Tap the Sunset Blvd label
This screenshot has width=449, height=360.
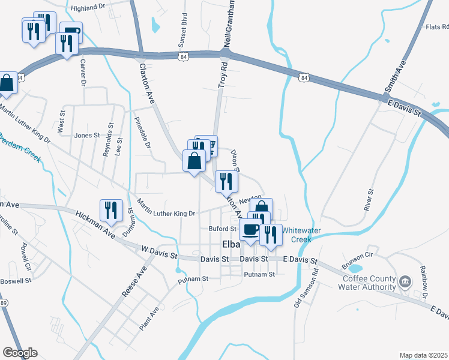pyautogui.click(x=182, y=31)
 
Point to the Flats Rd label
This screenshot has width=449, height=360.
pyautogui.click(x=436, y=26)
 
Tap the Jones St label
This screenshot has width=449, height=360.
pyautogui.click(x=86, y=136)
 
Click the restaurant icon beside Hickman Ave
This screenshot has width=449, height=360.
pyautogui.click(x=111, y=210)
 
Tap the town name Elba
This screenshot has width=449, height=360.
pyautogui.click(x=231, y=245)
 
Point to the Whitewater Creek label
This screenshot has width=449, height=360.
pyautogui.click(x=301, y=235)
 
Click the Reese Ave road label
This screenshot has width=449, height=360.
pyautogui.click(x=134, y=281)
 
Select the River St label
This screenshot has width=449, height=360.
pyautogui.click(x=369, y=199)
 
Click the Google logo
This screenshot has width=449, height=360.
pyautogui.click(x=20, y=353)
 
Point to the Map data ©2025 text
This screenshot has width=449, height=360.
pyautogui.click(x=423, y=355)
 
